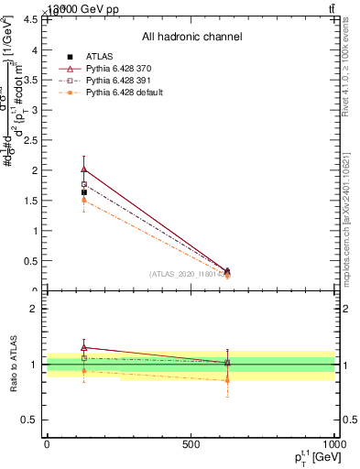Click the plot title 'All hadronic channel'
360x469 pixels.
[x=191, y=37]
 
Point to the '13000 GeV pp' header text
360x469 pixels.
[x=63, y=8]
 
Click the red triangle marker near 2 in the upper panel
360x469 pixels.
[x=84, y=169]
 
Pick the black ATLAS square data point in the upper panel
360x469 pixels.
[x=84, y=192]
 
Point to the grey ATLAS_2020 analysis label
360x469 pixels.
[x=188, y=274]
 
